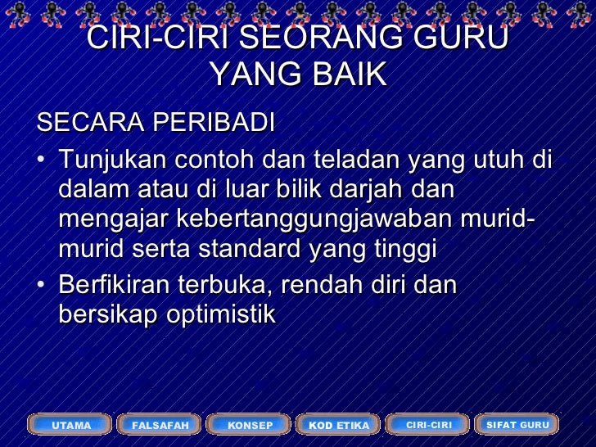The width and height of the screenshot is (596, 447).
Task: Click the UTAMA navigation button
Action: pos(71,425)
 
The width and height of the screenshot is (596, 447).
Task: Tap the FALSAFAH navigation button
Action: pos(160,425)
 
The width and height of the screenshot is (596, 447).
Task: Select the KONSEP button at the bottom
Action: pos(250,425)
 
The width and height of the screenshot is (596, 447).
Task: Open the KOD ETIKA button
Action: pos(339,425)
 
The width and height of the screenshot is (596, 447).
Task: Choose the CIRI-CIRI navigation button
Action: pos(428,424)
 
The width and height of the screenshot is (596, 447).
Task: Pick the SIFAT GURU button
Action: pos(517,424)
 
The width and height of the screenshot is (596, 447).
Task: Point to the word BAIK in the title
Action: pos(344,74)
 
